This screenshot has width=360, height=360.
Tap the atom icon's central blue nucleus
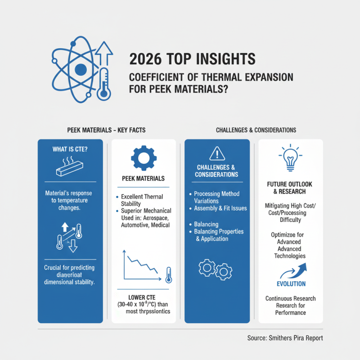[80, 69]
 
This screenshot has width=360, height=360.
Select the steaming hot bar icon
[70, 168]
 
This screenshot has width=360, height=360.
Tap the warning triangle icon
[217, 154]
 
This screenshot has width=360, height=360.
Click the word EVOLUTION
[290, 284]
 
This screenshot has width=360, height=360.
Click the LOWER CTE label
[144, 297]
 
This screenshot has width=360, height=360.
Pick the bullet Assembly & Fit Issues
[219, 208]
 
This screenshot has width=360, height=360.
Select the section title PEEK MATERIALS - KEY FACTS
[106, 130]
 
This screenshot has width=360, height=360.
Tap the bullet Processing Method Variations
[217, 197]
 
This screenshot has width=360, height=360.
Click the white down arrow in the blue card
[72, 245]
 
